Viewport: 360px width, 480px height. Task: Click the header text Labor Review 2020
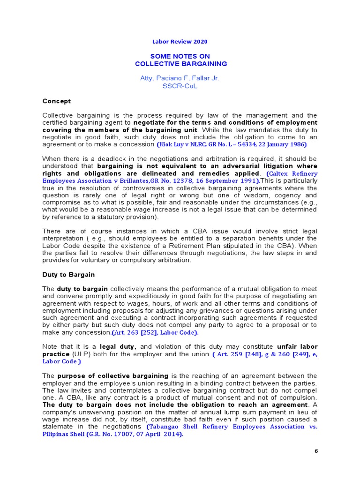pos(180,41)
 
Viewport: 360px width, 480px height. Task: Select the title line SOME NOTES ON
pos(180,56)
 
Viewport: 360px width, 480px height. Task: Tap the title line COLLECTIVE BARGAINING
pos(180,64)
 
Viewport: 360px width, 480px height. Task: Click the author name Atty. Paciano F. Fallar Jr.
pos(180,78)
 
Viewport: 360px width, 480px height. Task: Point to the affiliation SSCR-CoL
pos(180,86)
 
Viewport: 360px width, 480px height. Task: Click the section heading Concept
pos(56,101)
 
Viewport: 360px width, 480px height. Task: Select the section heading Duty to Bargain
pos(68,275)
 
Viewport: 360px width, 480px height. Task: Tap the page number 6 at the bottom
pos(316,451)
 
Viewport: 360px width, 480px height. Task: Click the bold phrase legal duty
pos(118,347)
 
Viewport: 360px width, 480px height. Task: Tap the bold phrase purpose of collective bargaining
pos(112,376)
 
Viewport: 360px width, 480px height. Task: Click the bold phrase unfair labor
pos(297,347)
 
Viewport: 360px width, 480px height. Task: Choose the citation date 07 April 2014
pos(158,434)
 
